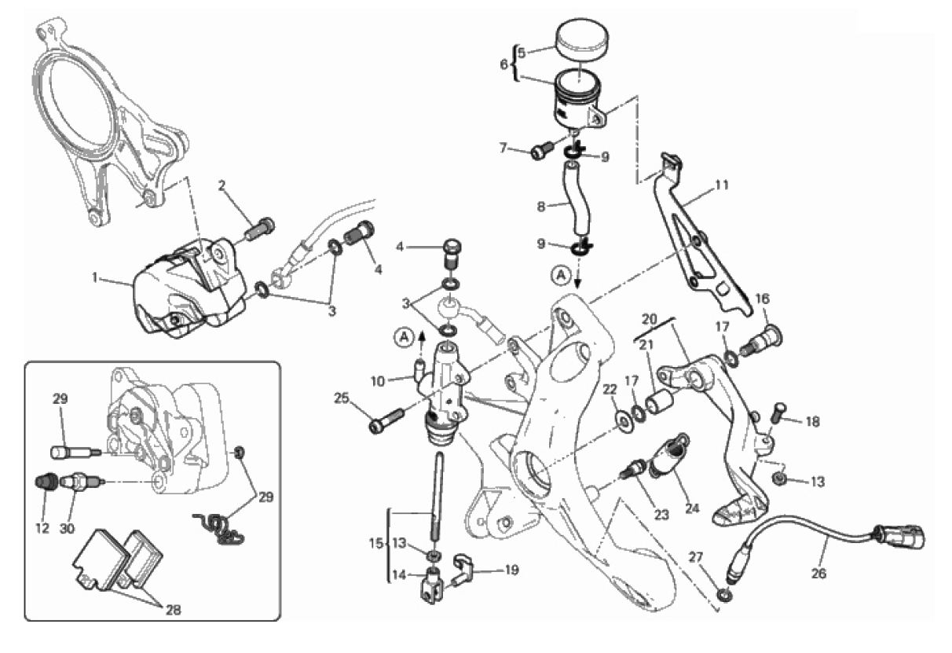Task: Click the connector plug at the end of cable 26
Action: click(x=903, y=540)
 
